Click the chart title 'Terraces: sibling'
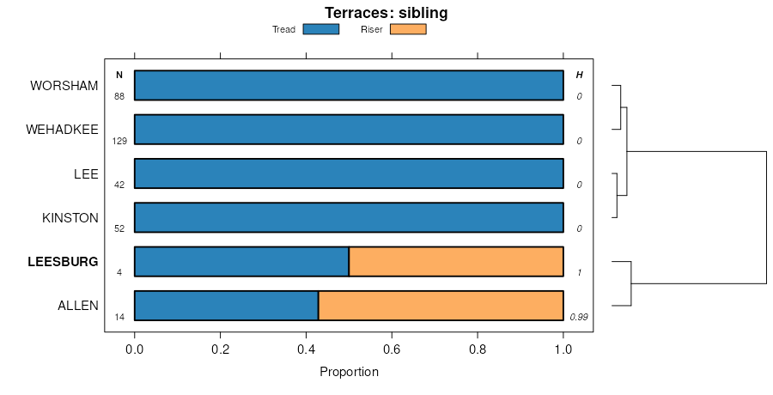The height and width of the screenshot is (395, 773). pyautogui.click(x=386, y=13)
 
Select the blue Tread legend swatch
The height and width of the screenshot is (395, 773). pyautogui.click(x=321, y=29)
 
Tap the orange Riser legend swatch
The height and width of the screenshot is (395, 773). pyautogui.click(x=408, y=29)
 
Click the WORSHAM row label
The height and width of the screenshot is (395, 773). pyautogui.click(x=64, y=86)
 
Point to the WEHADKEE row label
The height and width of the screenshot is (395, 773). pyautogui.click(x=62, y=130)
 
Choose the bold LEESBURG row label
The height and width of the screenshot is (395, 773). pyautogui.click(x=63, y=261)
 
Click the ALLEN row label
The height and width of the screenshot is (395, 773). pyautogui.click(x=77, y=306)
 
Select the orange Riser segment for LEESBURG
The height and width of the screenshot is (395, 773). pyautogui.click(x=456, y=261)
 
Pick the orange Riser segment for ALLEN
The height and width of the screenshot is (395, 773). pyautogui.click(x=441, y=306)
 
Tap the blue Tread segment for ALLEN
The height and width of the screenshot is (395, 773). pyautogui.click(x=227, y=306)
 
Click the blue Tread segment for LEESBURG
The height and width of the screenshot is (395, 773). pyautogui.click(x=241, y=261)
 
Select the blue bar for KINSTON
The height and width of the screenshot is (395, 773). pyautogui.click(x=349, y=217)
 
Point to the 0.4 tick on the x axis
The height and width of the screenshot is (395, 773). pyautogui.click(x=306, y=350)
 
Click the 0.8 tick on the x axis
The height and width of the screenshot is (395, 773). pyautogui.click(x=478, y=350)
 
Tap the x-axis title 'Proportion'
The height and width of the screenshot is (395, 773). pyautogui.click(x=349, y=372)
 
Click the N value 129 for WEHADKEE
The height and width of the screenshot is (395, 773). pyautogui.click(x=119, y=141)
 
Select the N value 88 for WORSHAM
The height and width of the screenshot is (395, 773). pyautogui.click(x=119, y=96)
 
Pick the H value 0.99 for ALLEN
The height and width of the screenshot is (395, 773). pyautogui.click(x=579, y=317)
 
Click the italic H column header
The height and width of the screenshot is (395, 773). pyautogui.click(x=579, y=76)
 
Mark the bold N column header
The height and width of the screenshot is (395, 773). pyautogui.click(x=119, y=76)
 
